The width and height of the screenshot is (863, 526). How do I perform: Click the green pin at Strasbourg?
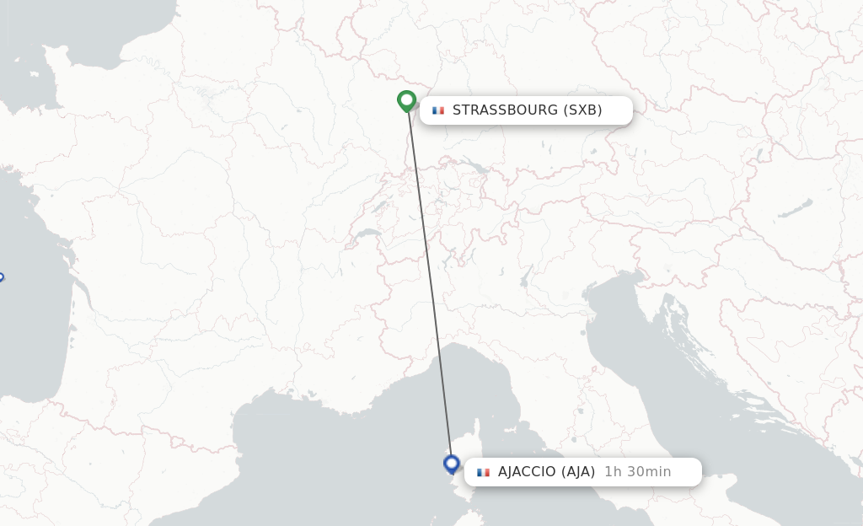(x=407, y=101)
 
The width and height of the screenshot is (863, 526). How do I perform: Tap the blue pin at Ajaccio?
(x=452, y=464)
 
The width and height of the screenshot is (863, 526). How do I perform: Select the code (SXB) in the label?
(x=582, y=110)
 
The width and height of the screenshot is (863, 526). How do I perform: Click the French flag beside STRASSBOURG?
(x=438, y=110)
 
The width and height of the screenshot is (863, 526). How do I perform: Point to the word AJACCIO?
(x=528, y=472)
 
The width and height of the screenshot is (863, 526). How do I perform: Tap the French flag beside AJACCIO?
(x=483, y=472)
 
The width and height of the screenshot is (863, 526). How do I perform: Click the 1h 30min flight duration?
(x=638, y=472)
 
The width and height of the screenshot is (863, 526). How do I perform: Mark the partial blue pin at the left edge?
(x=1, y=276)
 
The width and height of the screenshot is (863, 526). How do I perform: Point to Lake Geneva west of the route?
(x=367, y=233)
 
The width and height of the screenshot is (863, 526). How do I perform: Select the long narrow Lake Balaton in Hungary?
(x=795, y=207)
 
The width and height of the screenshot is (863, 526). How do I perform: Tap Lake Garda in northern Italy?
(x=525, y=276)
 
